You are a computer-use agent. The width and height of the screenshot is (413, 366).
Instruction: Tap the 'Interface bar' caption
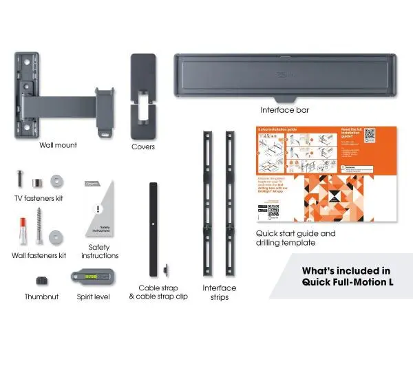(x=284, y=109)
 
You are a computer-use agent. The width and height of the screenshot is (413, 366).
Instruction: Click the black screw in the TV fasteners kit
(x=19, y=180)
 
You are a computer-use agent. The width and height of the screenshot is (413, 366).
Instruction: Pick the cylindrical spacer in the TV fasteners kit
(x=37, y=182)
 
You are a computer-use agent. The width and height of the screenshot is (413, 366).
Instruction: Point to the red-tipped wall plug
(x=23, y=230)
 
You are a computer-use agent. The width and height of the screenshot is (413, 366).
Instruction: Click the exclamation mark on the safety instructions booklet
(x=99, y=209)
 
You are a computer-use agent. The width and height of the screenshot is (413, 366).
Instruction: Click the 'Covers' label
(x=143, y=147)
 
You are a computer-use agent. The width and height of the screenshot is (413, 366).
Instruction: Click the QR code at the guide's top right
(x=369, y=134)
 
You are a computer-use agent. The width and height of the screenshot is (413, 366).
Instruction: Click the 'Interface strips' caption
(x=219, y=292)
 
